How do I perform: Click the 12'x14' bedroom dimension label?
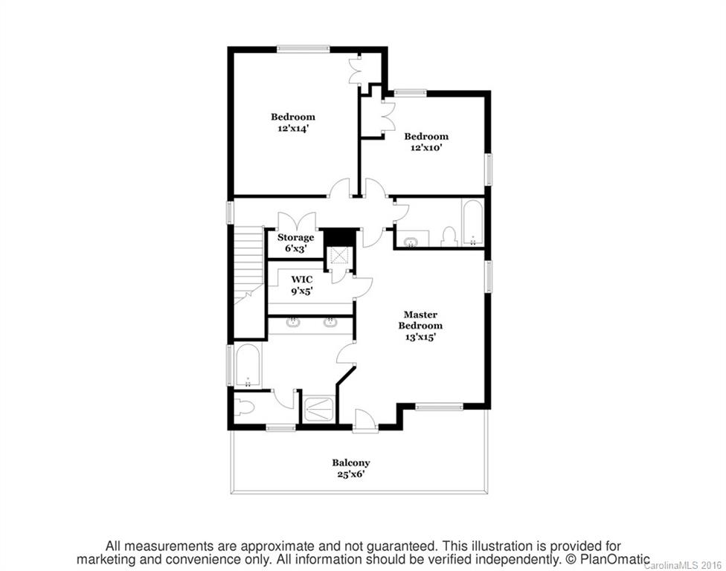[x=292, y=128]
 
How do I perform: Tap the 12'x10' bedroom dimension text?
[x=426, y=147]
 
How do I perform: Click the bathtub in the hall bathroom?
[x=473, y=222]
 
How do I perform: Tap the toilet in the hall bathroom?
[x=448, y=237]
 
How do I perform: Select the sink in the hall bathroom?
[x=411, y=239]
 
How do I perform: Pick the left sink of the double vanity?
[x=293, y=322]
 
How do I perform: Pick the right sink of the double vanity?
[x=330, y=322]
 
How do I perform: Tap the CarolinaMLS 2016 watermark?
[x=684, y=565]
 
